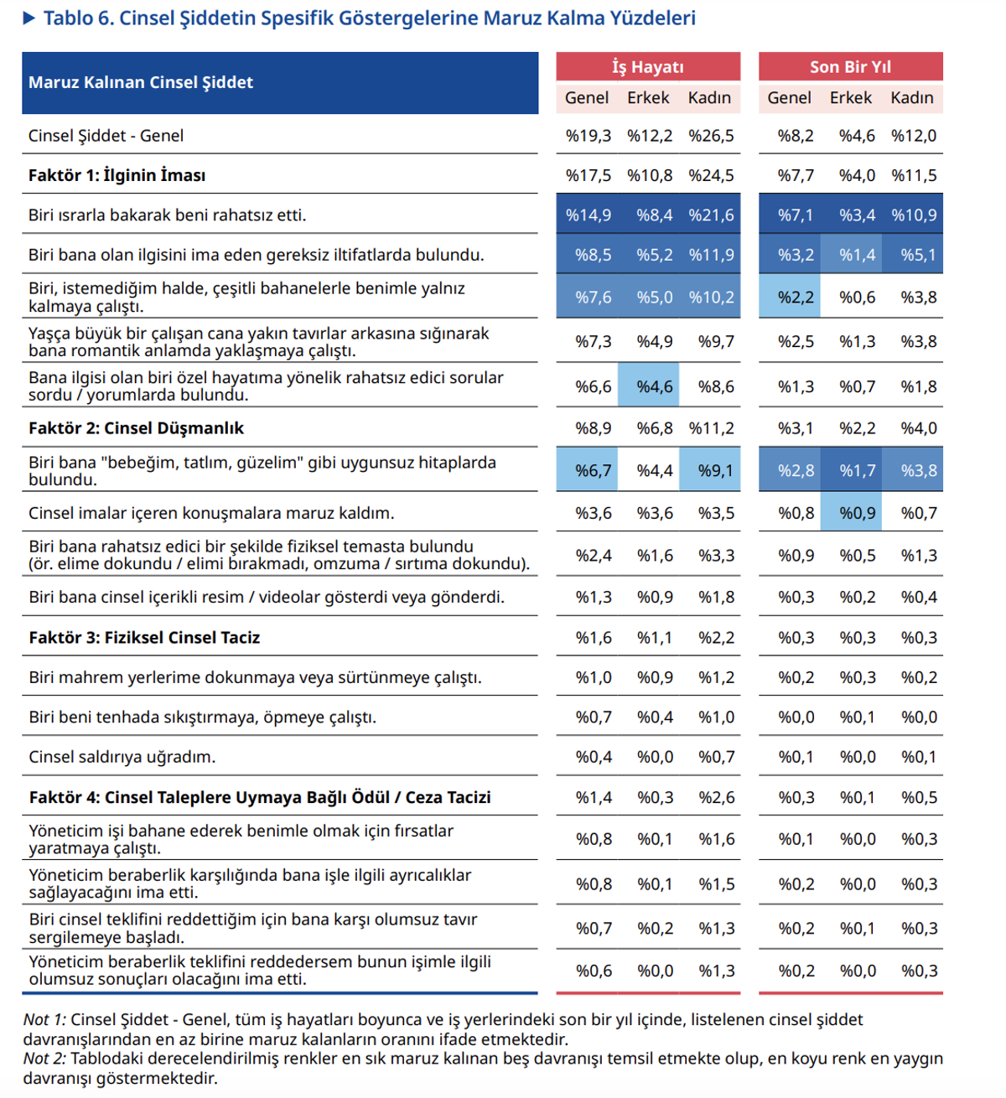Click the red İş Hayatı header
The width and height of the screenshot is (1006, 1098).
(x=648, y=67)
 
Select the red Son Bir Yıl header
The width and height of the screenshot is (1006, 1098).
(x=850, y=67)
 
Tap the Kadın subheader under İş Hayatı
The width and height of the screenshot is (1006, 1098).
(x=709, y=98)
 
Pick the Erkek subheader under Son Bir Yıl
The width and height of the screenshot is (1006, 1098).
(x=850, y=98)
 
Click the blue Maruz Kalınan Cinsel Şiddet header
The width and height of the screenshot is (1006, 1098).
(x=280, y=83)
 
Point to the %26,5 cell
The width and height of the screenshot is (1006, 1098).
(x=711, y=136)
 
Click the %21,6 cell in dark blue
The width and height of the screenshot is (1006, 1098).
(x=711, y=215)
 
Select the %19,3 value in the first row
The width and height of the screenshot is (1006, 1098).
(x=589, y=136)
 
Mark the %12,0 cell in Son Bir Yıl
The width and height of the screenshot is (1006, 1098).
(x=914, y=136)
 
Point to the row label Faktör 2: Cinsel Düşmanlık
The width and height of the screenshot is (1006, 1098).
(x=136, y=428)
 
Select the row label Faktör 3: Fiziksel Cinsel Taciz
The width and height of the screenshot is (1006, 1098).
(x=144, y=638)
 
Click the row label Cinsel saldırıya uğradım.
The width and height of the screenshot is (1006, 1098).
(x=122, y=757)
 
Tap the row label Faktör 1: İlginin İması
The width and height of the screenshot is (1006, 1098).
(x=117, y=175)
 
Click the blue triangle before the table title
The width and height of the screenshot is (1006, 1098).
(x=29, y=18)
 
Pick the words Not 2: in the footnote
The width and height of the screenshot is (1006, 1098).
(x=44, y=1059)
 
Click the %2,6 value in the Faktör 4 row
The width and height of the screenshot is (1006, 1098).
(x=716, y=797)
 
